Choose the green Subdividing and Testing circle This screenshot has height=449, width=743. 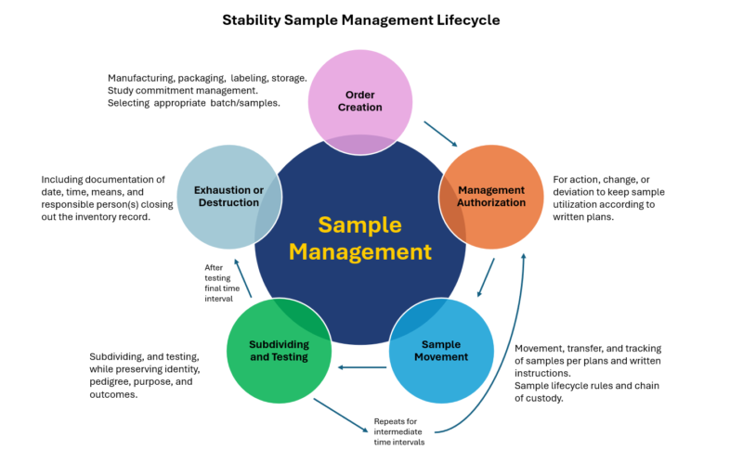280,350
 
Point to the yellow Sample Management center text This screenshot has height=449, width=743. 359,237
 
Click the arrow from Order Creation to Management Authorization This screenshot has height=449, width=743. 440,134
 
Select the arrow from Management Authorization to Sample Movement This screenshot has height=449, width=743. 486,277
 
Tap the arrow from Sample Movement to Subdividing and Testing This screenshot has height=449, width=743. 362,367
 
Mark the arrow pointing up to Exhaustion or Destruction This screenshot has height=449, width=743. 241,278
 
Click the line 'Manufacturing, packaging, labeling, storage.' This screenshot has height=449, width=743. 207,78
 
